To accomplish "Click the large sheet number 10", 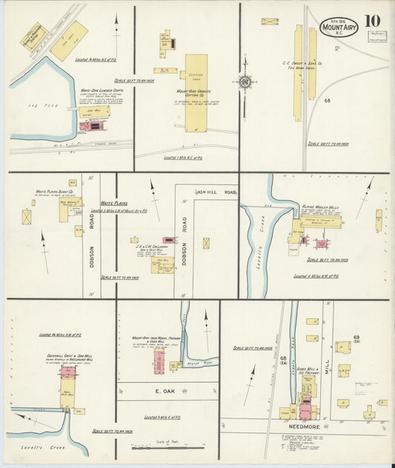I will click(x=368, y=19).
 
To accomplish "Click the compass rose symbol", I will click(x=244, y=82).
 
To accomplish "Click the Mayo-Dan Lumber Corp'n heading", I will click(x=102, y=92).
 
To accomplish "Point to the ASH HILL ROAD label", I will click(x=216, y=193).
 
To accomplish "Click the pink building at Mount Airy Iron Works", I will click(x=159, y=361).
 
